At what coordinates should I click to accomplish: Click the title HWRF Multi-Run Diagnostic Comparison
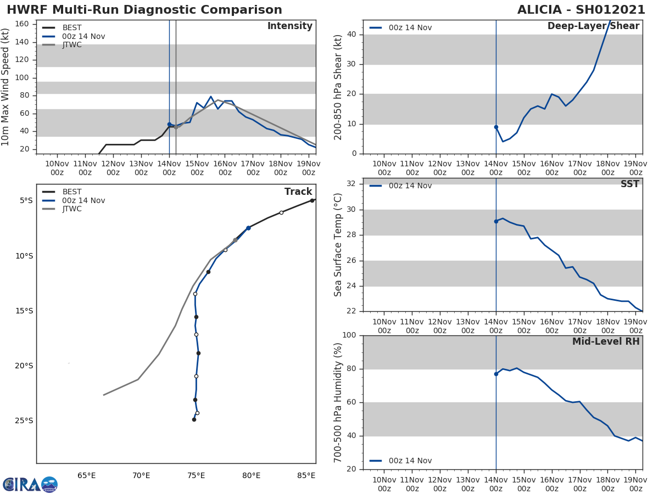pos(144,10)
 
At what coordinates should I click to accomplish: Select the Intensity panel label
pos(289,26)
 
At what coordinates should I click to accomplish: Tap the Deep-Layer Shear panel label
pos(593,26)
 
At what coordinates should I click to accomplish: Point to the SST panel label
pos(629,184)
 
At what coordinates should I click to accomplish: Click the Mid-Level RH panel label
pos(606,342)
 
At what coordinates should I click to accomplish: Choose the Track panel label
pos(298,192)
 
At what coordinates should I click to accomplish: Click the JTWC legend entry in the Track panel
pos(72,209)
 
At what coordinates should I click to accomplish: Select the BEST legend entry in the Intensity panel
pos(72,27)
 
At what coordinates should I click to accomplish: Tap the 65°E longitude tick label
pos(86,475)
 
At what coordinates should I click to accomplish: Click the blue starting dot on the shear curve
pos(496,127)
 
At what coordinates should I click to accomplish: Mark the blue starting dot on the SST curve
pos(496,221)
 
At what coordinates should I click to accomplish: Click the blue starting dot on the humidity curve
pos(496,374)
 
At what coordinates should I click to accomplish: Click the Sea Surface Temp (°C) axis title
pos(339,245)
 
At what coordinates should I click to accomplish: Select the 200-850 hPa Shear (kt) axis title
pos(339,87)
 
